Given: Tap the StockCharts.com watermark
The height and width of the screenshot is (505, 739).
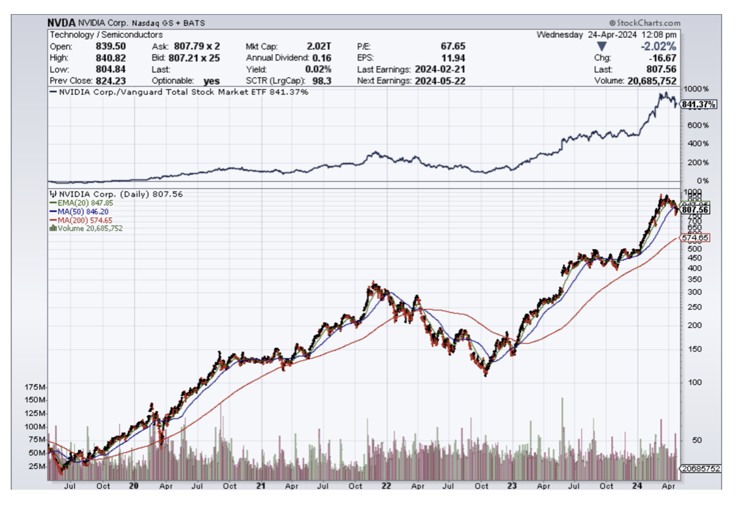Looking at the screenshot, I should point(646,23).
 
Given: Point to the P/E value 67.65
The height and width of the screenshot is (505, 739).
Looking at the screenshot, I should point(453,46).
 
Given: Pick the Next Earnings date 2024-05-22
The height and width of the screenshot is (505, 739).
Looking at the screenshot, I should point(440,81).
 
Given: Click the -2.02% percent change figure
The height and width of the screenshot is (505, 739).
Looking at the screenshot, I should point(658,46).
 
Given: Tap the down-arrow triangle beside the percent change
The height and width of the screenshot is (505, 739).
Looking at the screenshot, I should point(602,46).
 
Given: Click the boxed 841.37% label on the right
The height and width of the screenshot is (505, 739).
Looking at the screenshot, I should point(700,105).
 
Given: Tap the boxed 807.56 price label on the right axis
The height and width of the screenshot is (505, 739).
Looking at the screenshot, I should point(696,209).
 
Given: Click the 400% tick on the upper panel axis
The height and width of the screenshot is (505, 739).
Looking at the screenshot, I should point(699,144).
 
